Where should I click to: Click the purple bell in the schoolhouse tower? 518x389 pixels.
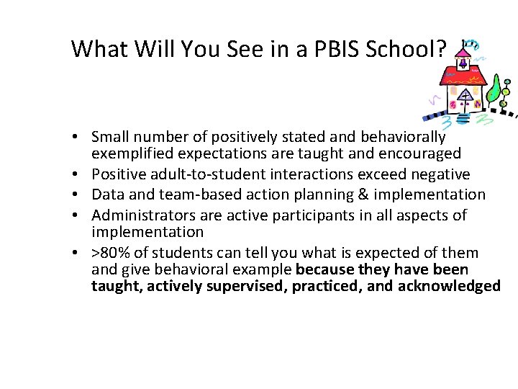coord(464,63)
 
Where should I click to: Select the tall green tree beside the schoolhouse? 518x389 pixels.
coord(494,89)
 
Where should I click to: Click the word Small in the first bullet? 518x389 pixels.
coord(110,137)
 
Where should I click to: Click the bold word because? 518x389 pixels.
coord(324,269)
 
